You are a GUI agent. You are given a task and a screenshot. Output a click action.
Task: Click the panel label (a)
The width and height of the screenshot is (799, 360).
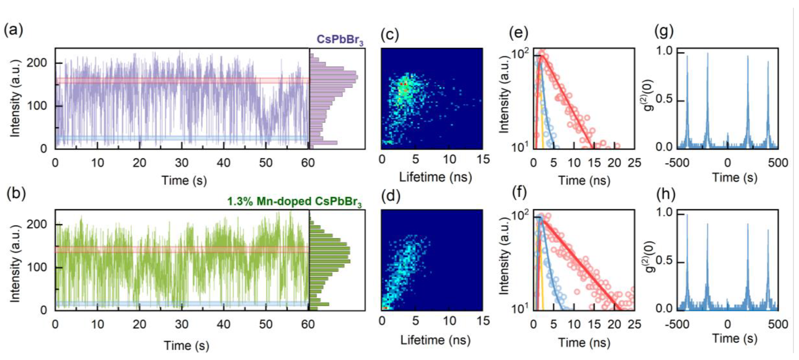click(13, 31)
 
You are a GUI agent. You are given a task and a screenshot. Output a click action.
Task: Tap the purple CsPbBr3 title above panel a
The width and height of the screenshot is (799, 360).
click(340, 40)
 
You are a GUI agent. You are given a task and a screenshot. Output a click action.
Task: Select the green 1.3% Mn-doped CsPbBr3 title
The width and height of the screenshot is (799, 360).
click(294, 202)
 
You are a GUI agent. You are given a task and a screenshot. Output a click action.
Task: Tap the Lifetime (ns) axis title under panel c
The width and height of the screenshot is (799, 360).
click(435, 177)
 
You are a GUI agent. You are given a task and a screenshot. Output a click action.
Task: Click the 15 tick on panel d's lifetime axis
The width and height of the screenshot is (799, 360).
click(483, 321)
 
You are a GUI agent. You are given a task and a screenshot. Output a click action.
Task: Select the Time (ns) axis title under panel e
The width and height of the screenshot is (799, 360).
click(584, 181)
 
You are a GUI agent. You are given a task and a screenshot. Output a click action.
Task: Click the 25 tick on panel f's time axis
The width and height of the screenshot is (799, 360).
click(634, 324)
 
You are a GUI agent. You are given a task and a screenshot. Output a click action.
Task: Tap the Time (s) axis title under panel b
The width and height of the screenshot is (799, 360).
click(186, 345)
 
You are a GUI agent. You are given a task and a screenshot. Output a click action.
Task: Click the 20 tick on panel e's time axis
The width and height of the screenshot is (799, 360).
click(614, 162)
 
